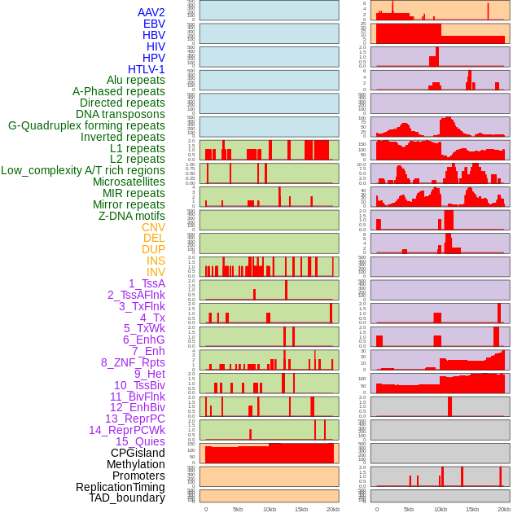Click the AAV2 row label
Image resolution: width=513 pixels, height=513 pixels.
[151, 12]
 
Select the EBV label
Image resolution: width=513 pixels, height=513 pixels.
[154, 24]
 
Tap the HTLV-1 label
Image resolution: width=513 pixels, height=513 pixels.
[146, 69]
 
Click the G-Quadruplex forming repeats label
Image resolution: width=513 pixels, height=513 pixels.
[86, 125]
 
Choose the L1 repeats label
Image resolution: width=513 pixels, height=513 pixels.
[138, 148]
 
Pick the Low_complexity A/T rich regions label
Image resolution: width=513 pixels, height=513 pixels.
[83, 170]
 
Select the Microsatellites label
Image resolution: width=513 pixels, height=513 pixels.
[129, 182]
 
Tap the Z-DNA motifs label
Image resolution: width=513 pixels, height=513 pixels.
[132, 216]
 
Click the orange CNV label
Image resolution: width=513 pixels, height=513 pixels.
[153, 227]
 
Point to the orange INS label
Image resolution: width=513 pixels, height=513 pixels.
[156, 261]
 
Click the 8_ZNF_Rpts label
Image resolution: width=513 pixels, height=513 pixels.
[133, 362]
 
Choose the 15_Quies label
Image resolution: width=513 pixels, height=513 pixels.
[140, 441]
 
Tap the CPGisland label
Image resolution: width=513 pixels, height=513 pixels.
[138, 453]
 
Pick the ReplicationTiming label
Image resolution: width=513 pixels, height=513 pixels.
[121, 487]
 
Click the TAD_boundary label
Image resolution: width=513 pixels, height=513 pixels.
[127, 498]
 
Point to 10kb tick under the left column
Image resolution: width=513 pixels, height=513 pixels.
[269, 509]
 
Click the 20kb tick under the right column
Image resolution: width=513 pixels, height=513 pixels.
[504, 509]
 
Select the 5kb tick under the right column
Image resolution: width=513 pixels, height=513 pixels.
[408, 509]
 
